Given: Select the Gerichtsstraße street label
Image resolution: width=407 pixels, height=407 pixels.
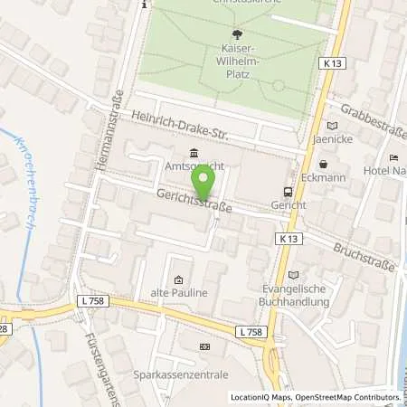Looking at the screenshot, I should click(194, 200).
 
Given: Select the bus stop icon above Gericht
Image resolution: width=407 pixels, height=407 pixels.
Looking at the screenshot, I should click(287, 192).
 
